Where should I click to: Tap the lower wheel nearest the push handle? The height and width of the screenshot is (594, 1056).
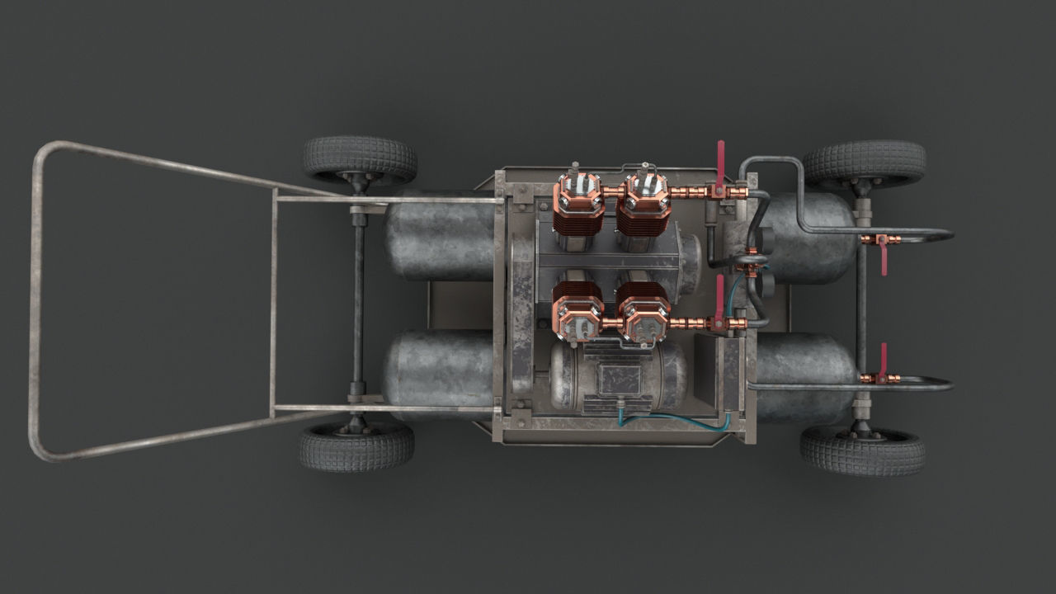(356, 446)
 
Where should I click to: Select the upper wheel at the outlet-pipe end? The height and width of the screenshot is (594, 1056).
(864, 162)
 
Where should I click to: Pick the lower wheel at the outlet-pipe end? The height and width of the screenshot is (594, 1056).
(862, 450)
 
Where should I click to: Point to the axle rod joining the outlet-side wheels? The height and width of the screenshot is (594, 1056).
(861, 305)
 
